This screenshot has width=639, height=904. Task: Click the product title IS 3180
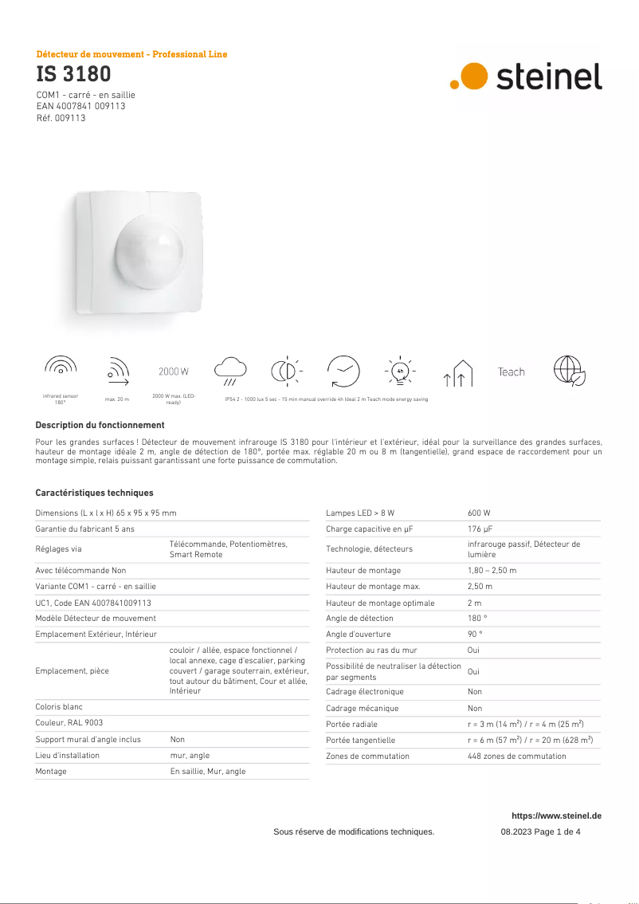73,75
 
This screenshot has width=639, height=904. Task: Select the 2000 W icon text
174,371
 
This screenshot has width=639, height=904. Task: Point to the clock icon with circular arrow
343,371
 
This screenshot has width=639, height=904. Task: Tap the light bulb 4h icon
401,371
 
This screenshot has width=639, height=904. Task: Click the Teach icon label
511,371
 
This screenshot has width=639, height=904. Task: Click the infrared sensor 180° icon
61,367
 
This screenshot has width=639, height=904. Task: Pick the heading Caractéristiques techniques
94,493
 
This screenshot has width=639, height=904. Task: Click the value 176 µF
480,529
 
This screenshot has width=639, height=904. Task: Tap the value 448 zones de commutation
516,756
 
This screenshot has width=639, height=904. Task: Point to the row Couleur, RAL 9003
69,723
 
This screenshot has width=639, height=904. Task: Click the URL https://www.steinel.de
556,816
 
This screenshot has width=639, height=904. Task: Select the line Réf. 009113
61,118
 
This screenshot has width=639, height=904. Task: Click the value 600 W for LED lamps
479,513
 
